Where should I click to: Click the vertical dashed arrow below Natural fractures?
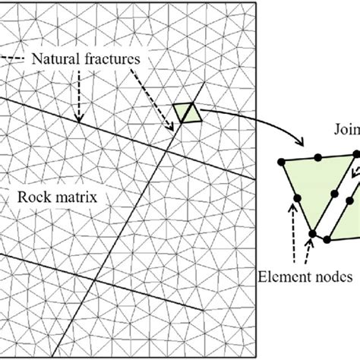[x=77, y=95]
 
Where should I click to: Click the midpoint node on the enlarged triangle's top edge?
[x=318, y=157]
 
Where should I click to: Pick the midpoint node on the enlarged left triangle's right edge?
[x=333, y=194]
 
